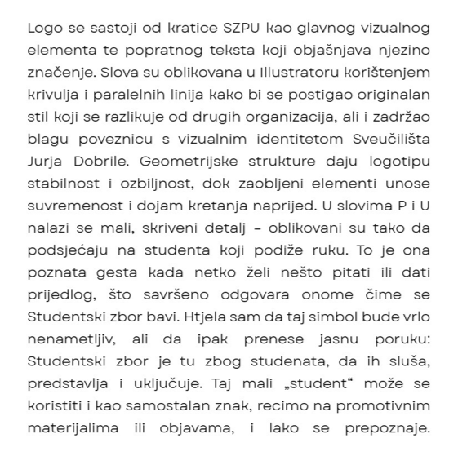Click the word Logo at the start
click(44, 28)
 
